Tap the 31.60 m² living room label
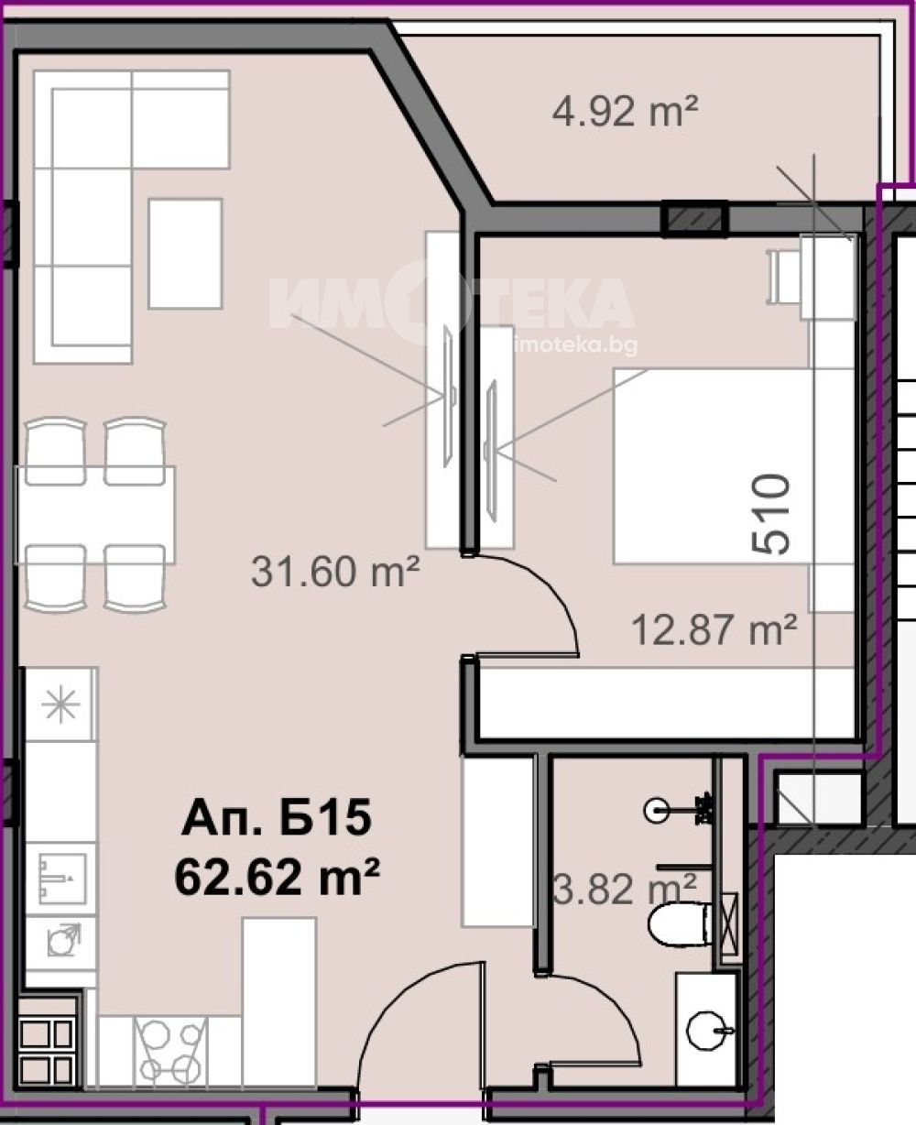335,572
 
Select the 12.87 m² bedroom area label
714,630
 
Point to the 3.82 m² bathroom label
626,889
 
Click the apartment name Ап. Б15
277,817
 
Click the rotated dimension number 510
770,515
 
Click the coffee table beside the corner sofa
185,254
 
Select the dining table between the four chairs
95,515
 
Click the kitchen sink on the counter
61,879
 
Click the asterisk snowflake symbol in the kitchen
61,704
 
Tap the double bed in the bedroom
711,465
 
